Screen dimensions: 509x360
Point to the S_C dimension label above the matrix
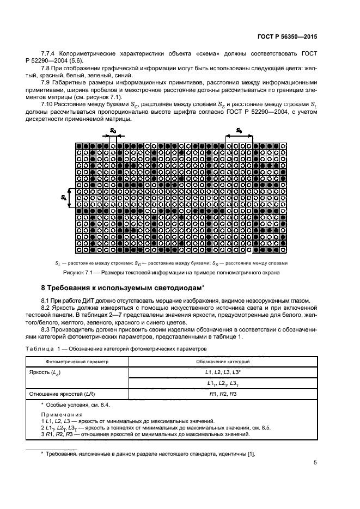coord(113,131)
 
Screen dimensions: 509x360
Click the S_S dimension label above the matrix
coord(239,131)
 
